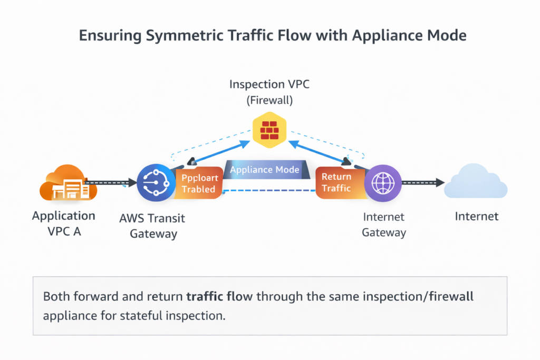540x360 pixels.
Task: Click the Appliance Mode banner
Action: point(265,170)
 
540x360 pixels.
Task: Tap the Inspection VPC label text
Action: point(269,84)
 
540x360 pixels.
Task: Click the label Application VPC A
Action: point(64,223)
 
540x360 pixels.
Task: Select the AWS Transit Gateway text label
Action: point(152,226)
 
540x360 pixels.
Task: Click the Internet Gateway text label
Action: point(383,225)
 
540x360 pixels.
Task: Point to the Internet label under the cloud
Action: point(477,216)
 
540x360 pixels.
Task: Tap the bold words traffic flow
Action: point(220,296)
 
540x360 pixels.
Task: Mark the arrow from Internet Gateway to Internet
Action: point(422,183)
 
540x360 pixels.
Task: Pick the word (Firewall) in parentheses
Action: point(269,99)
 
